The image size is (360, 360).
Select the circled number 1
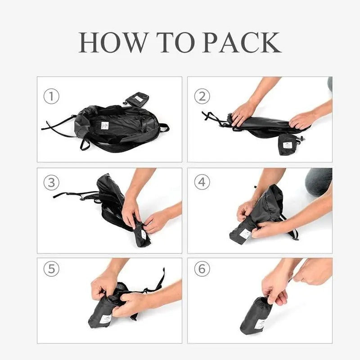coord(51,96)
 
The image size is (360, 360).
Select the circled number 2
coord(202,96)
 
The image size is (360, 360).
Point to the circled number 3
coord(51,182)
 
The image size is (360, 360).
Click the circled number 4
coord(202,182)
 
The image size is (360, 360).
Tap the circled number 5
coord(51,269)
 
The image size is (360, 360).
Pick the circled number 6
coord(202,269)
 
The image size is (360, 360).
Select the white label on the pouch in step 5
coord(105,319)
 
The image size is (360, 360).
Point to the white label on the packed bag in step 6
coord(261,324)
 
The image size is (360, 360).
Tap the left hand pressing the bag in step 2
coord(243,112)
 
